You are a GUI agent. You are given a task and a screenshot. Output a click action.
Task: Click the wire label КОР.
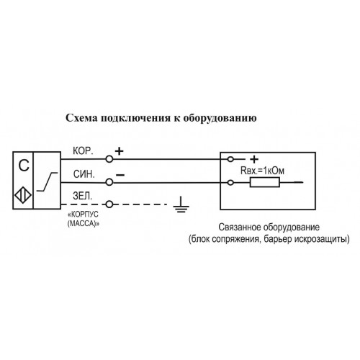point(83,151)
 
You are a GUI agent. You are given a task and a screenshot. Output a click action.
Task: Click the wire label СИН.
point(84,174)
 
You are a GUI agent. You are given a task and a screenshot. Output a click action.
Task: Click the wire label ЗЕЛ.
point(83,196)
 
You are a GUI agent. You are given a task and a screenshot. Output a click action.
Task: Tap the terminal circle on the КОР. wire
point(109,159)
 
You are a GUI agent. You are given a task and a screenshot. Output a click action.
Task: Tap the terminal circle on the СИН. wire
point(109,182)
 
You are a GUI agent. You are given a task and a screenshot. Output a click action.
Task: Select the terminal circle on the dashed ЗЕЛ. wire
point(109,204)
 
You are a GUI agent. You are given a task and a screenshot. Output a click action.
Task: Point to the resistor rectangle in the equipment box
point(265,182)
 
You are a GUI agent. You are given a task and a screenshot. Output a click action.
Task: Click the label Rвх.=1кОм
point(262,171)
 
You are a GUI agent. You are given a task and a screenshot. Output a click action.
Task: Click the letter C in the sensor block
point(24,166)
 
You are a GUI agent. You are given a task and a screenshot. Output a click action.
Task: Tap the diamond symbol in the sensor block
point(23,195)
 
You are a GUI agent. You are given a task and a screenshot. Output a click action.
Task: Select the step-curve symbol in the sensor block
point(48,182)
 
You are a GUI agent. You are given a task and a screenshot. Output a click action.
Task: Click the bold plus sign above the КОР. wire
point(120,151)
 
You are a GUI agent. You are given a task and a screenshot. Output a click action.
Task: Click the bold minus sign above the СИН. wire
point(120,175)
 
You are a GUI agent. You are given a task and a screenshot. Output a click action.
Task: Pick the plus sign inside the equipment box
point(254,159)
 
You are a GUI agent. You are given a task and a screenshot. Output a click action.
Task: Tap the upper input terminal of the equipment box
point(230,159)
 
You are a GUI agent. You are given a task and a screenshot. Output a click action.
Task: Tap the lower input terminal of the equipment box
point(230,183)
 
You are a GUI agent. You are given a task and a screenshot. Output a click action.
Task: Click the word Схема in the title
point(81,118)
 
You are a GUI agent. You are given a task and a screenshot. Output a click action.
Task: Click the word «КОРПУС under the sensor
point(84,214)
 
